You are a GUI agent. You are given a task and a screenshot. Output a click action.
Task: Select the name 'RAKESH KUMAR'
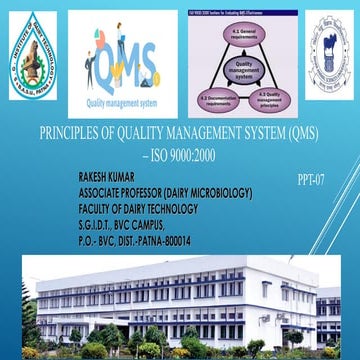(109, 175)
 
